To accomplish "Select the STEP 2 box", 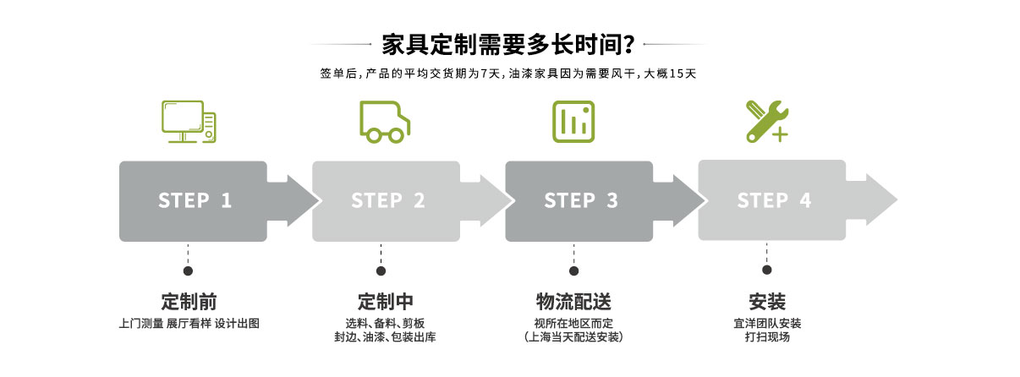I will (387, 200).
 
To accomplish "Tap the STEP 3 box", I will (579, 200).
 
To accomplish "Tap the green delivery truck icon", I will (386, 123).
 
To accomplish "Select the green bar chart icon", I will (574, 122).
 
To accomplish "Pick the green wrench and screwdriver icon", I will (767, 121).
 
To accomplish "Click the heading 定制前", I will (189, 303).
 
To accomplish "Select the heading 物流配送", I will (573, 303).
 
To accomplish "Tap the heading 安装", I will (767, 303).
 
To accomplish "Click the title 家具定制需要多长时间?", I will (509, 43).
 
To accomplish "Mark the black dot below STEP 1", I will (188, 271).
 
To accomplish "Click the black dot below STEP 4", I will (767, 270).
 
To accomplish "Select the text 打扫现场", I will (767, 337).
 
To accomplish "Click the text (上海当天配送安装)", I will (573, 337).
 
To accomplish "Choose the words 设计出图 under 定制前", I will (236, 323).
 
